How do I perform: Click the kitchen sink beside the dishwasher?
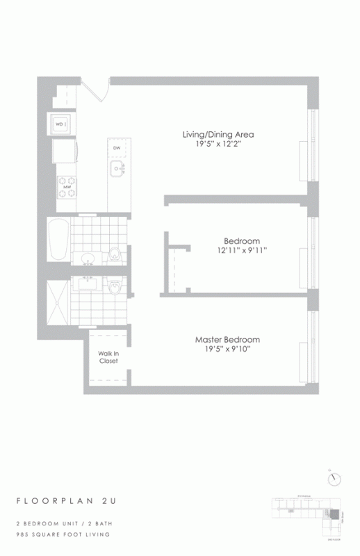pos(115,170)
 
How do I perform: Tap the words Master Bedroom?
pos(227,339)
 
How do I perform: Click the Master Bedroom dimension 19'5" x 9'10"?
pos(227,350)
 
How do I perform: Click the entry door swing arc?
pos(97,89)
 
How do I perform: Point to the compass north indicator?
pos(336,478)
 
